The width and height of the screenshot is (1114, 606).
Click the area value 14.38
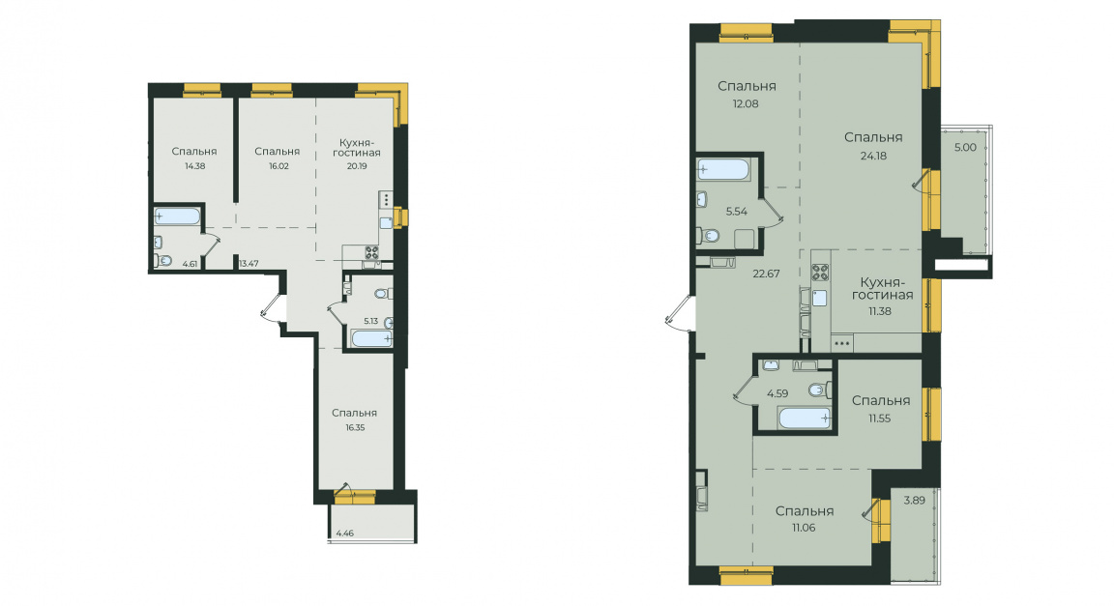[x=194, y=166]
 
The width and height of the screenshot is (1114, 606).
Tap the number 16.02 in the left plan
[x=278, y=166]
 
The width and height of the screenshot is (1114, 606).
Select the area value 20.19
[x=357, y=167]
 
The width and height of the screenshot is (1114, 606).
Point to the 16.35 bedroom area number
[x=355, y=428]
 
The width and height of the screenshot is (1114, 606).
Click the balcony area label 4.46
[x=344, y=533]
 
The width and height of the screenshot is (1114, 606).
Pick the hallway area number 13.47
[x=249, y=264]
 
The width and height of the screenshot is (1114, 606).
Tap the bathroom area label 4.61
[x=190, y=264]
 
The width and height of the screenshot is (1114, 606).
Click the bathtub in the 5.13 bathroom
[x=371, y=338]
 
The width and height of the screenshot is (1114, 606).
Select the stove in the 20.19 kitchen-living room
[x=371, y=252]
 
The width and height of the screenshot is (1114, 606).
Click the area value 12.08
[x=746, y=103]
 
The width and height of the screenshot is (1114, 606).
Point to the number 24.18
[x=873, y=156]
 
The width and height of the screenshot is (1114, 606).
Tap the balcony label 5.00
[x=965, y=148]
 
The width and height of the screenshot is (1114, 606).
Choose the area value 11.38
[x=879, y=311]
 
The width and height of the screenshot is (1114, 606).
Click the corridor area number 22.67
[x=767, y=274]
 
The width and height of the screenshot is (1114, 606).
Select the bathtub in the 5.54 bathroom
[x=723, y=170]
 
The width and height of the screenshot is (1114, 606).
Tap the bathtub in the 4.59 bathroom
[x=805, y=418]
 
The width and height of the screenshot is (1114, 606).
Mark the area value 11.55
[x=879, y=418]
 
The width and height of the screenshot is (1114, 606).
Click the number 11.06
[x=804, y=528]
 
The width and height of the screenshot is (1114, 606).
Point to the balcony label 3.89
[x=915, y=500]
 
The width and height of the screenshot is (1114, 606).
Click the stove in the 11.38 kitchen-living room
[x=820, y=273]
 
